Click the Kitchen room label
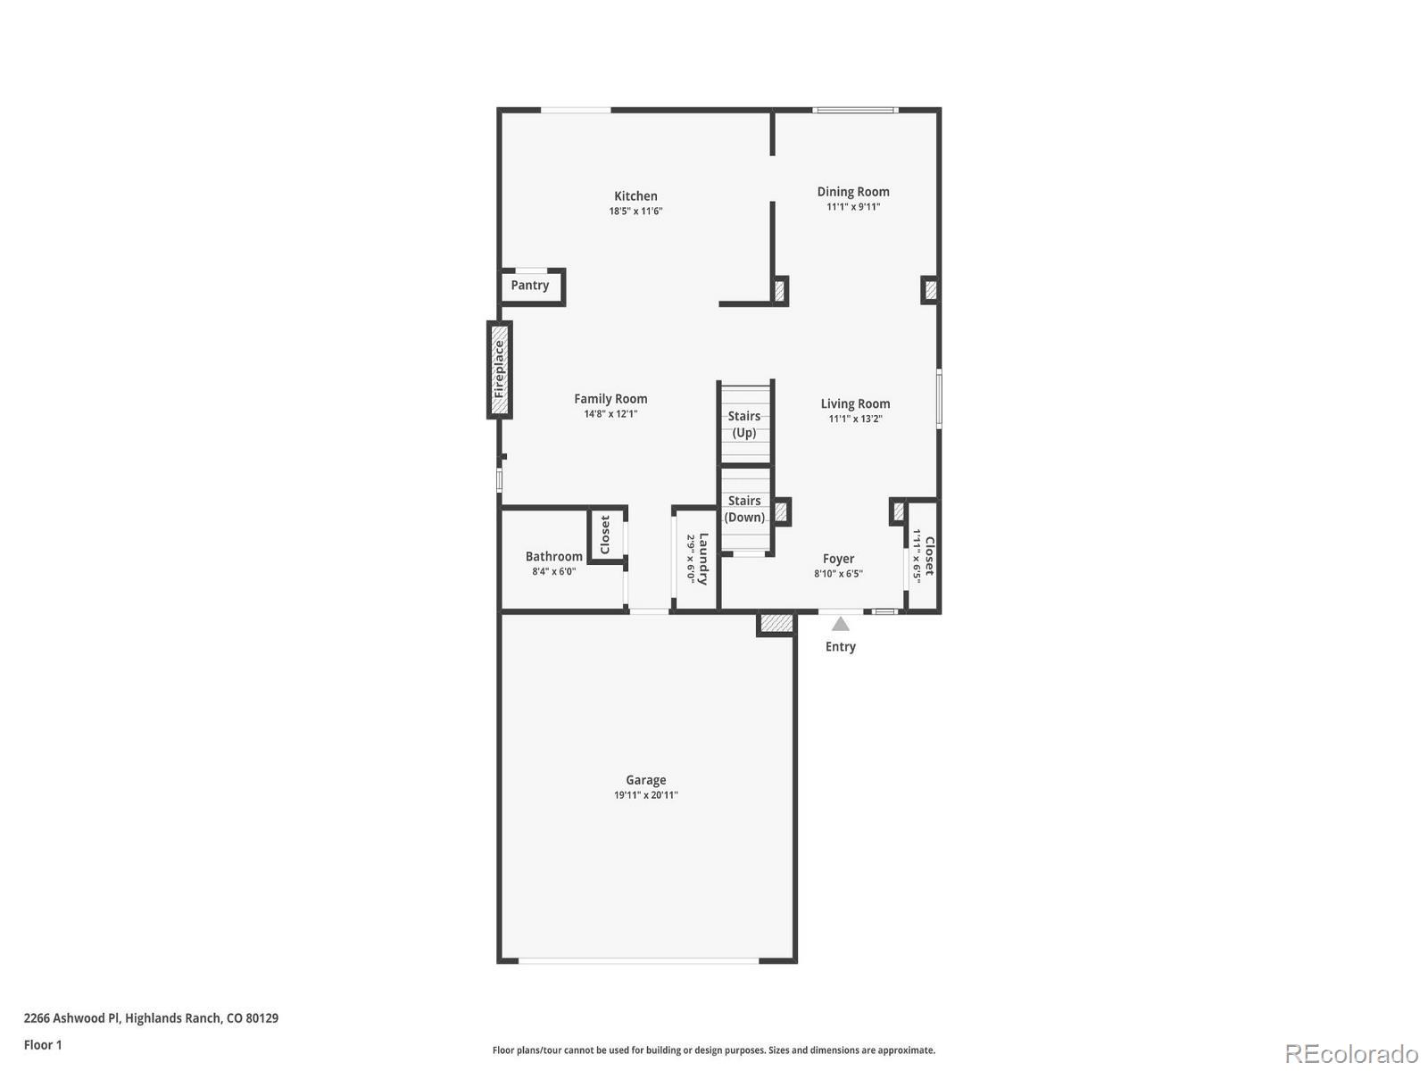coord(635,196)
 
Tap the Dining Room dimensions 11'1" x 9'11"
coord(852,207)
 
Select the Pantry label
coord(529,286)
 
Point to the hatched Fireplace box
coord(500,369)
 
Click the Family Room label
coord(610,399)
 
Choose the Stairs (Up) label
coord(744,424)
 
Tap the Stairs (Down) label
coord(744,509)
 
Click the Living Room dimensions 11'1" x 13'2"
coord(855,419)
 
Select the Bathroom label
coord(553,556)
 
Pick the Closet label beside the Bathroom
coord(605,535)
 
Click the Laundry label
coord(703,559)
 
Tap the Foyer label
coord(838,559)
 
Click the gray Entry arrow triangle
coord(841,624)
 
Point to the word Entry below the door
coord(840,646)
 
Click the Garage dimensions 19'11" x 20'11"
coord(645,795)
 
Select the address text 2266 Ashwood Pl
coord(71,1017)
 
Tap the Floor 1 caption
coord(43,1044)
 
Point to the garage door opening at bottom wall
coord(639,960)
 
